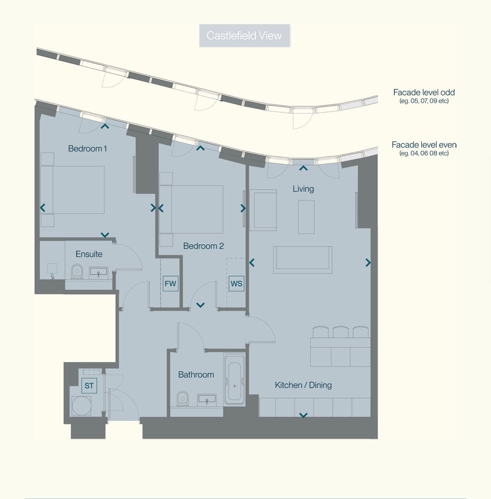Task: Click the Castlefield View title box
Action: tap(244, 36)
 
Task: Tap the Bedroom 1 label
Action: tap(88, 149)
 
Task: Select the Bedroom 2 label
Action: tap(203, 246)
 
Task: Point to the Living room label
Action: tap(303, 189)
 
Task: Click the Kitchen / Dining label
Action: tap(303, 385)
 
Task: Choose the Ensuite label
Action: tap(89, 254)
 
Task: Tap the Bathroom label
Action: tap(196, 375)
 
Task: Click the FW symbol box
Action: tap(171, 284)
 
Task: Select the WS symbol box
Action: tap(236, 284)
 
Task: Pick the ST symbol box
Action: tap(89, 386)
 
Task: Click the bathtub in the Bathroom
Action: tap(234, 379)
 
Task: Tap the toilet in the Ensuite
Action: tap(77, 271)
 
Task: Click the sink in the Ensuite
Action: tap(99, 273)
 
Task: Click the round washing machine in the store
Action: tap(81, 406)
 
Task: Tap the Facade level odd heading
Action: tap(424, 92)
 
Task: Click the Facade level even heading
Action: tap(424, 145)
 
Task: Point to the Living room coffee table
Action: tap(306, 217)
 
